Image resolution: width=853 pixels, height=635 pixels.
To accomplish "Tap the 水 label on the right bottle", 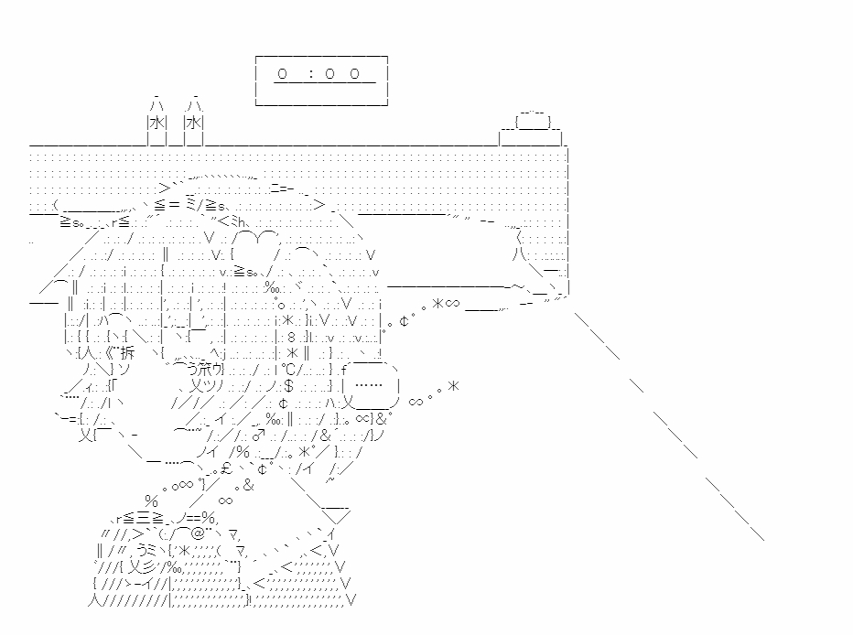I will click(193, 122).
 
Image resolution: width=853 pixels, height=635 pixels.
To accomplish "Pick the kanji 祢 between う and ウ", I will click(196, 369).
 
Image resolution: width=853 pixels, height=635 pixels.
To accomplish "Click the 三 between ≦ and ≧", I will click(146, 517).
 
